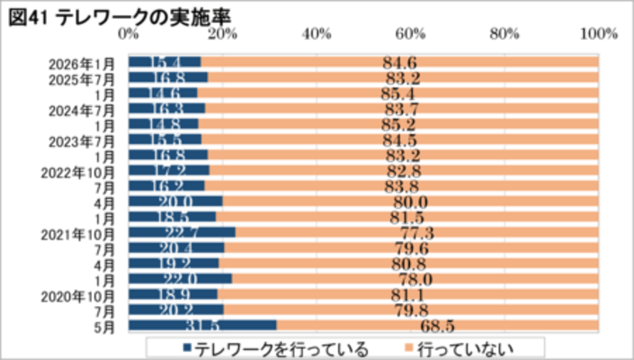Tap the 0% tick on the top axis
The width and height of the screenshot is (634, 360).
(129, 34)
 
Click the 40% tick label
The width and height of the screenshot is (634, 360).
(317, 34)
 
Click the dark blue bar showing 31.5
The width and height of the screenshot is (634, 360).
(202, 326)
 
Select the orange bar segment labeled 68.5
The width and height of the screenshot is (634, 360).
(437, 326)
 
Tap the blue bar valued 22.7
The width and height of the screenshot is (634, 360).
(182, 232)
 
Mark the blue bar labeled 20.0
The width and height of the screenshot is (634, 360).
(175, 202)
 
